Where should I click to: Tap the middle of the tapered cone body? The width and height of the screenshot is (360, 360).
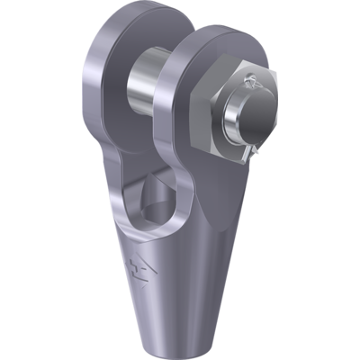(x=171, y=270)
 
